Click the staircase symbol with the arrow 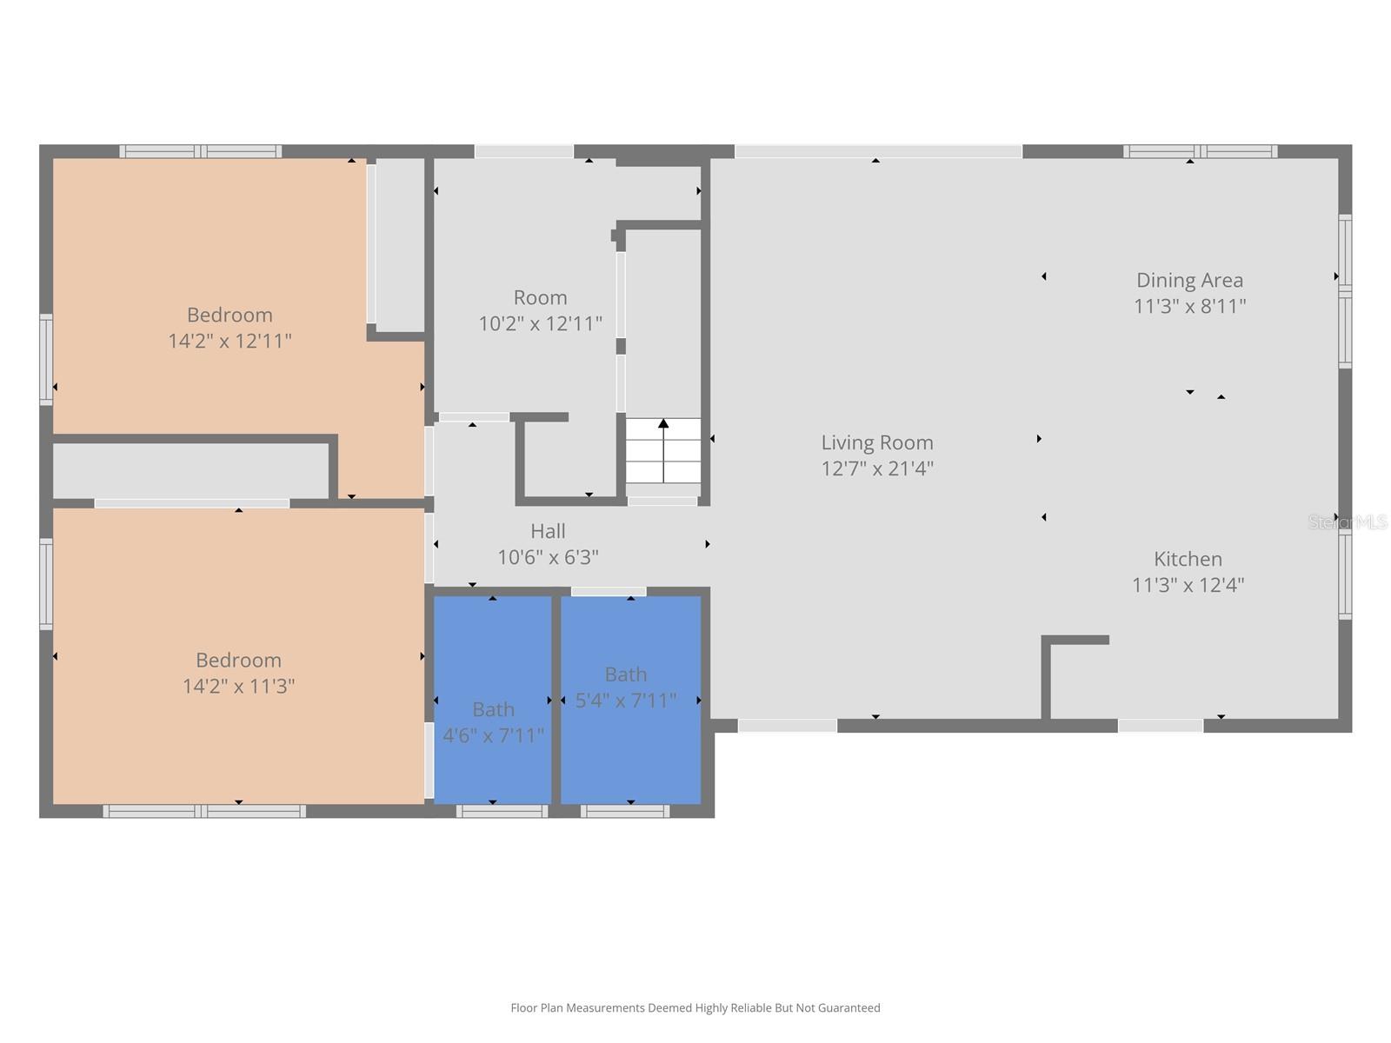click(663, 449)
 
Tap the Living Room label click(877, 442)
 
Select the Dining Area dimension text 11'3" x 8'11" click(1189, 306)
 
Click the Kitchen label click(1188, 559)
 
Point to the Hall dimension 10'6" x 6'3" click(548, 557)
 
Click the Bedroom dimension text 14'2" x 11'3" click(238, 686)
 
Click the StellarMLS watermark click(1348, 521)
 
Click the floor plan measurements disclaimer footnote click(695, 1007)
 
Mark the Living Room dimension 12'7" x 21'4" click(877, 468)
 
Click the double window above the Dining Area click(1200, 151)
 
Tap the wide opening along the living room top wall click(878, 152)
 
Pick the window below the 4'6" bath click(502, 811)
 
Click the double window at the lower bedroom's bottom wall click(204, 811)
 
